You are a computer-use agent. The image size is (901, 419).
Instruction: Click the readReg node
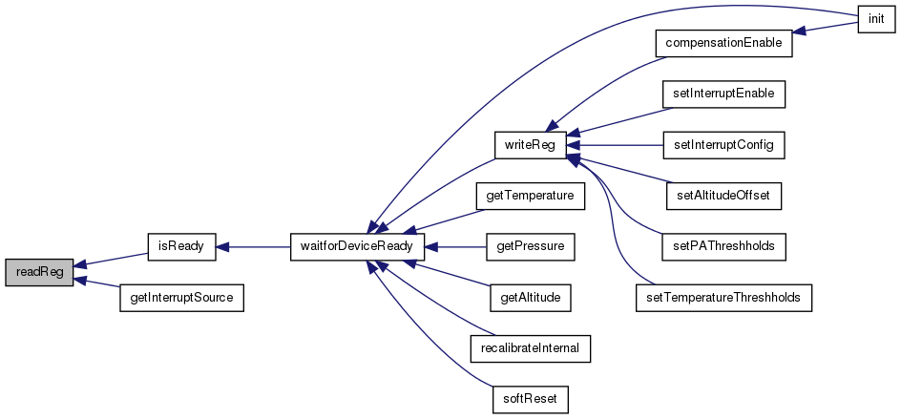tap(39, 272)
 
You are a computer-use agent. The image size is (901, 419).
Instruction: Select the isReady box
tap(181, 247)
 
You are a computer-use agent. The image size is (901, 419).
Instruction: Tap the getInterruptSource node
tap(181, 298)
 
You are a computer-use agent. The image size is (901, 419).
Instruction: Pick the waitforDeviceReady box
tap(357, 247)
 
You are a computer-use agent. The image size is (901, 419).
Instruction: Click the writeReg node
tap(530, 145)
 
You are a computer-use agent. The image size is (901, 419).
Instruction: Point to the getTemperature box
tap(530, 196)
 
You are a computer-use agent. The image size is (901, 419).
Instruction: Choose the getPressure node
tap(530, 247)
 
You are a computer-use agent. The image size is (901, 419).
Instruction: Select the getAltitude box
tap(530, 298)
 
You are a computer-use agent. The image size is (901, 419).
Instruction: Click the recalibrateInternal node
tap(530, 348)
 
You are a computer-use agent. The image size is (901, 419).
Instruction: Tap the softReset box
tap(530, 399)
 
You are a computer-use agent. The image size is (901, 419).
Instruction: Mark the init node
tap(876, 19)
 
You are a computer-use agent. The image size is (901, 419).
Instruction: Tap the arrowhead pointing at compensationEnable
tap(800, 32)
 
